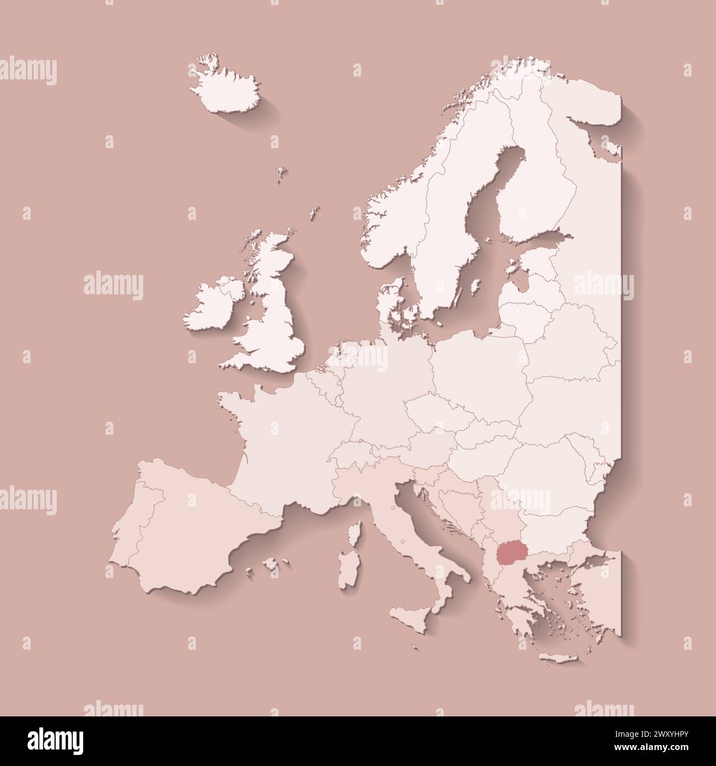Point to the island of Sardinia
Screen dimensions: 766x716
[x=347, y=573]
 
